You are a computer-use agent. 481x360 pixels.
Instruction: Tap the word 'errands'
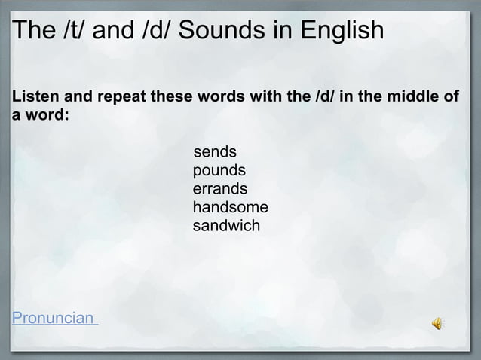tap(220, 189)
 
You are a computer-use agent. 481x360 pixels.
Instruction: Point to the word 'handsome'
tap(231, 207)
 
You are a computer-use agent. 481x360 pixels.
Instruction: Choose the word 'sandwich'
tap(227, 225)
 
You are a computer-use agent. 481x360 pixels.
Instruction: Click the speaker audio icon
tap(438, 323)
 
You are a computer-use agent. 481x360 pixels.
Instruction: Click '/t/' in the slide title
tap(78, 33)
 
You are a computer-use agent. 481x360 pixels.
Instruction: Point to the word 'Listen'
tap(32, 98)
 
